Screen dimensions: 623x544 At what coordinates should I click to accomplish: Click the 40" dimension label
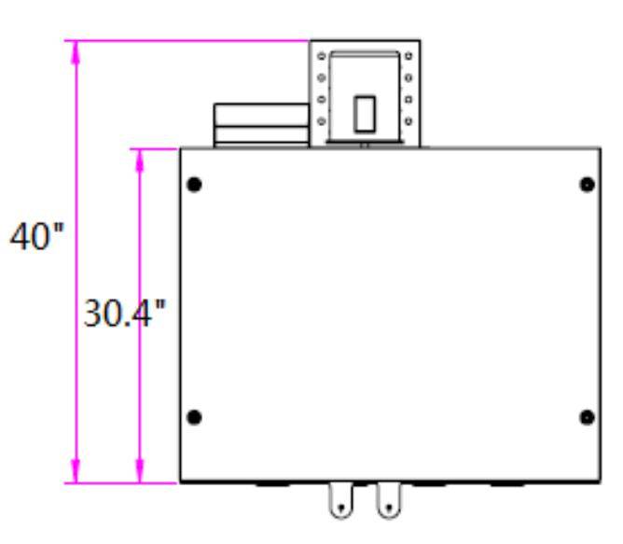point(36,236)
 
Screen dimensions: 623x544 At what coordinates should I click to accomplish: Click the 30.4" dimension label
point(124,314)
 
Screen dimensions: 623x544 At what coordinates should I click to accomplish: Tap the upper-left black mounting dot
point(194,185)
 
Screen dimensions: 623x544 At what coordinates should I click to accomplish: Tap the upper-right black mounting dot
point(588,185)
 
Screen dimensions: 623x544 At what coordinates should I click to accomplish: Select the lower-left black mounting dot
point(194,417)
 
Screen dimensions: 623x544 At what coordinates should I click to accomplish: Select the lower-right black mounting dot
point(588,417)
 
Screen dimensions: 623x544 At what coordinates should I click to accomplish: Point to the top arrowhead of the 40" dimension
point(76,52)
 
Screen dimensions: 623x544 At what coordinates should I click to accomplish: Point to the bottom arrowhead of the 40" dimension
point(76,471)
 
